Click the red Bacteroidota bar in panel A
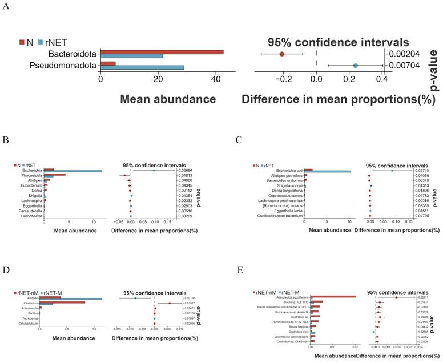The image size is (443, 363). (162, 53)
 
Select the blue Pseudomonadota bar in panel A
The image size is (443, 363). (142, 68)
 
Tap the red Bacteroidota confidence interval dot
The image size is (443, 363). (282, 54)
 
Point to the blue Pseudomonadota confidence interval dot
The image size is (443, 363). (355, 66)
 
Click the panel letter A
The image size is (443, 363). (7, 7)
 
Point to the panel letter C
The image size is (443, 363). (239, 140)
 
